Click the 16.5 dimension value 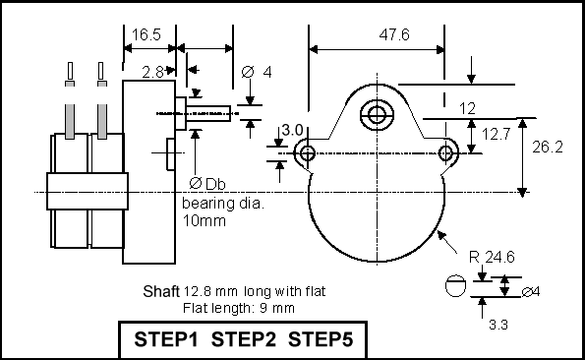[x=146, y=34]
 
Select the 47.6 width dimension [x=394, y=34]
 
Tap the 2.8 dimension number [x=152, y=72]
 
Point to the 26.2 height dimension [x=548, y=147]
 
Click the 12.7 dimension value [x=496, y=134]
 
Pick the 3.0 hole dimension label [x=292, y=130]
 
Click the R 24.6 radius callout [x=492, y=257]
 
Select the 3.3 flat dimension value [x=498, y=325]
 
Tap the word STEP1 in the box [x=166, y=339]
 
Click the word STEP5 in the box [x=321, y=339]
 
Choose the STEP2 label [x=244, y=339]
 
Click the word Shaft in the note [x=161, y=291]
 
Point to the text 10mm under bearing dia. [x=205, y=221]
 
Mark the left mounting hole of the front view [x=307, y=153]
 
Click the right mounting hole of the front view [x=446, y=153]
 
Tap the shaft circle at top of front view [x=377, y=115]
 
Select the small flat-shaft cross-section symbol [x=455, y=286]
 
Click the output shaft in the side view [x=207, y=113]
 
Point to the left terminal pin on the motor [x=70, y=100]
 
